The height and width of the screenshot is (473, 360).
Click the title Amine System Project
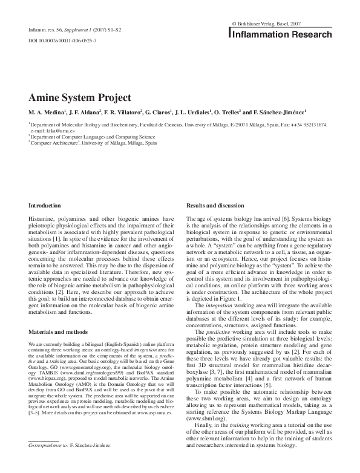point(79,98)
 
